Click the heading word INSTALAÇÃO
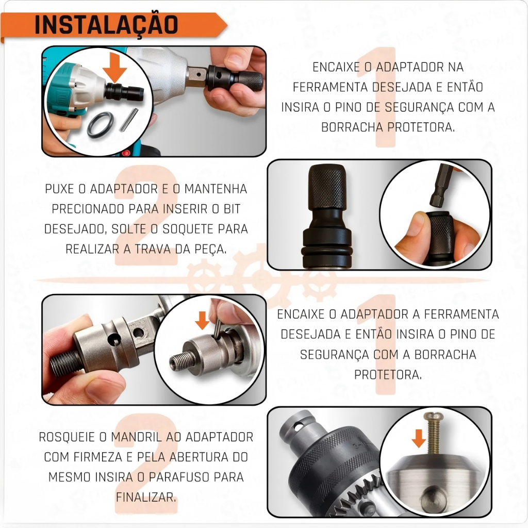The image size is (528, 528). click(x=106, y=25)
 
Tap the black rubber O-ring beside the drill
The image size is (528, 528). click(x=101, y=125)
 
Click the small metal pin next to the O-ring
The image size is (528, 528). click(x=129, y=120)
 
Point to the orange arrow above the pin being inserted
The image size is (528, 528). click(x=202, y=320)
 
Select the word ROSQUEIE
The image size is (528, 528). click(x=67, y=437)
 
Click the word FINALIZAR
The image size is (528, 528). click(x=146, y=498)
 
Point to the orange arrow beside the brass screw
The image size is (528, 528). click(x=419, y=438)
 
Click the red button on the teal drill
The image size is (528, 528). click(x=126, y=153)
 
